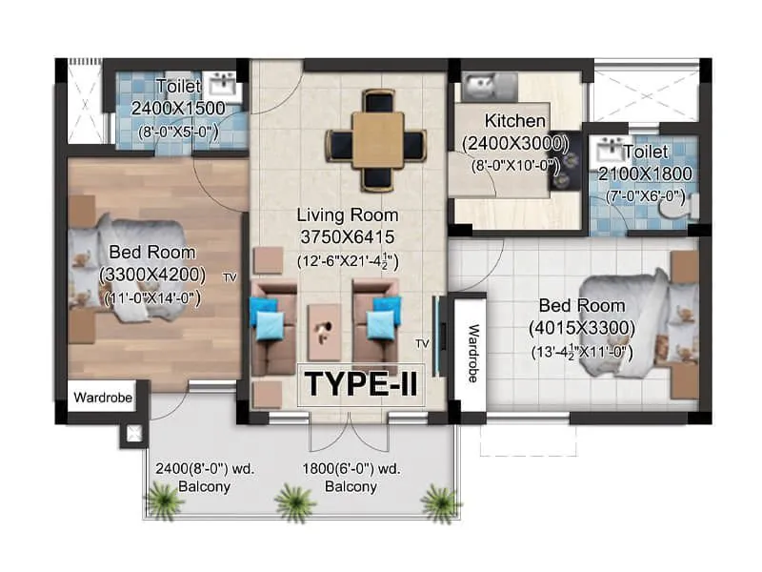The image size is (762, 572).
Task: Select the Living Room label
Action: (x=347, y=214)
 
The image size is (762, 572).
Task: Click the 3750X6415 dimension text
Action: (x=347, y=236)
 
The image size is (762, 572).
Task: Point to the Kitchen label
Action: (x=515, y=121)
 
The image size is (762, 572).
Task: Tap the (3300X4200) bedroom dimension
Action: (x=152, y=275)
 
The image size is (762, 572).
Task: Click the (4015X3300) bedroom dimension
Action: (x=582, y=328)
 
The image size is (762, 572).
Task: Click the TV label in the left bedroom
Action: (x=230, y=277)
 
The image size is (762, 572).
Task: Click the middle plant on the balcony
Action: (x=294, y=499)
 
